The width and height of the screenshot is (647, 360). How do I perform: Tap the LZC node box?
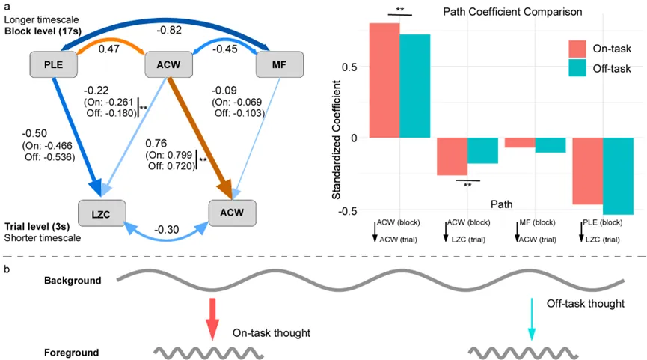(x=101, y=213)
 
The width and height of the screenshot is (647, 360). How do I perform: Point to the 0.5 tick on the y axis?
(x=356, y=67)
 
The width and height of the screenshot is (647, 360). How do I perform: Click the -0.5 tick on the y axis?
(x=355, y=210)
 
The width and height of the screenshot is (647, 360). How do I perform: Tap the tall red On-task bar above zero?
(x=385, y=80)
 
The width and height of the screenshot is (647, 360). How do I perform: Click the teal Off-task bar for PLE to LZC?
(x=617, y=176)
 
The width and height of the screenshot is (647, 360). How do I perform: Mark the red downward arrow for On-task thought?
(x=212, y=320)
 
